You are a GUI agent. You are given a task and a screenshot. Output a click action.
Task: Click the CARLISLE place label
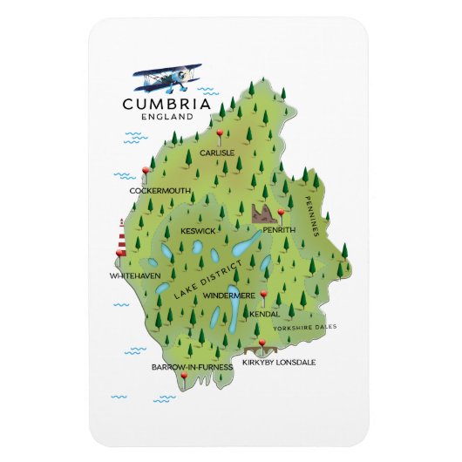(x=216, y=153)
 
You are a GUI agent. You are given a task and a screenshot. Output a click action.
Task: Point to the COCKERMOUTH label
(x=159, y=189)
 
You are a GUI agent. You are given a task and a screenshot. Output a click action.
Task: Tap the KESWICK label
(x=198, y=231)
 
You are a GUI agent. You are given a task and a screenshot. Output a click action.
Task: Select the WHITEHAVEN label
(x=135, y=275)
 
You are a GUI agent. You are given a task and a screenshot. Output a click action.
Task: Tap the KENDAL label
(x=265, y=314)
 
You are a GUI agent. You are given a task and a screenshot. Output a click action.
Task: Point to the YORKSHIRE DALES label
(x=303, y=329)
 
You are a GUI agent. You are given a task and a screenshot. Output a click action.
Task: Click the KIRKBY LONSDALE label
(x=279, y=362)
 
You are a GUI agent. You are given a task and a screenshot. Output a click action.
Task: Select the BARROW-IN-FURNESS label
(x=192, y=367)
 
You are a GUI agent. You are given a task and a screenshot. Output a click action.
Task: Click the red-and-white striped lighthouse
(x=122, y=237)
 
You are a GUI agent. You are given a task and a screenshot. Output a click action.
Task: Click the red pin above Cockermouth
(x=145, y=170)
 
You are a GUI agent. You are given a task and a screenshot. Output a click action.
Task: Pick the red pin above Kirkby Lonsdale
(x=260, y=342)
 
